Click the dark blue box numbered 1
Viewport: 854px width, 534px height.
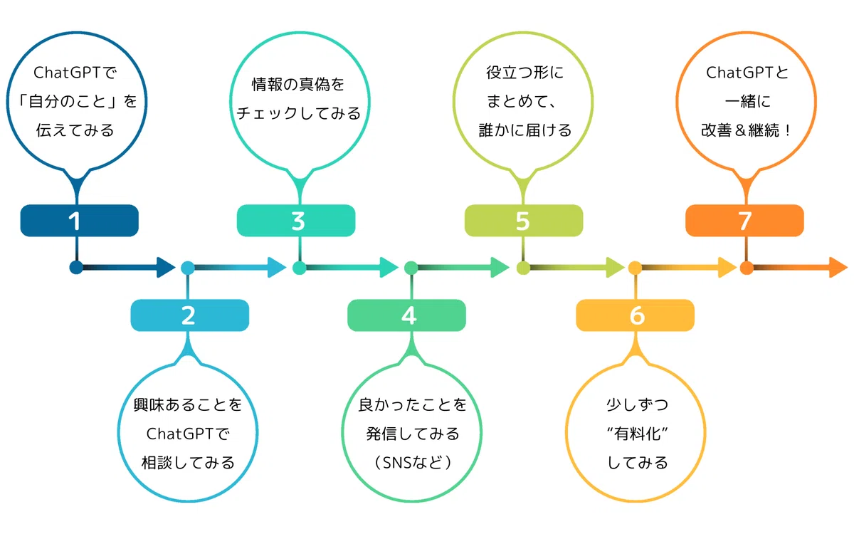pos(79,221)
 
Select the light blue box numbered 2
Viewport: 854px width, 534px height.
pos(189,315)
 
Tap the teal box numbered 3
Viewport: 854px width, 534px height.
pos(296,221)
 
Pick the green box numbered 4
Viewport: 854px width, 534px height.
pos(406,315)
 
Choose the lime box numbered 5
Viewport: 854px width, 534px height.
pos(524,221)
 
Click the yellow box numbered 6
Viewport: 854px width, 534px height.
pos(635,315)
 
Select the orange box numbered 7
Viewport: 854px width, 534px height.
pos(744,221)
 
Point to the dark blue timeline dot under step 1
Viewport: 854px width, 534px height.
pos(76,268)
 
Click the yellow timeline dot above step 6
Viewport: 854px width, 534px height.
pos(635,268)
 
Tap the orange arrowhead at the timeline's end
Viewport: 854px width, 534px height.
pos(838,268)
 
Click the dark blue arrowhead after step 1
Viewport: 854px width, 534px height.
pos(165,268)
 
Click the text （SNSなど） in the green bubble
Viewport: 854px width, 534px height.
pos(412,463)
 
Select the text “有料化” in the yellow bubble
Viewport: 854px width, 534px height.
pos(637,434)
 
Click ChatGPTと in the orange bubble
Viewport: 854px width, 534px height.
pos(747,73)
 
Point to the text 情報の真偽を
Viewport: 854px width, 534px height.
pos(297,84)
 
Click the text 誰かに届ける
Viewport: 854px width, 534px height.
pos(525,130)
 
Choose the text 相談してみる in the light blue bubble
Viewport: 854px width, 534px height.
pos(188,463)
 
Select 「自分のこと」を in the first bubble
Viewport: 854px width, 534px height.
pos(77,101)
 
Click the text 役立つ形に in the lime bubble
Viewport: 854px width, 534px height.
pos(524,73)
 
